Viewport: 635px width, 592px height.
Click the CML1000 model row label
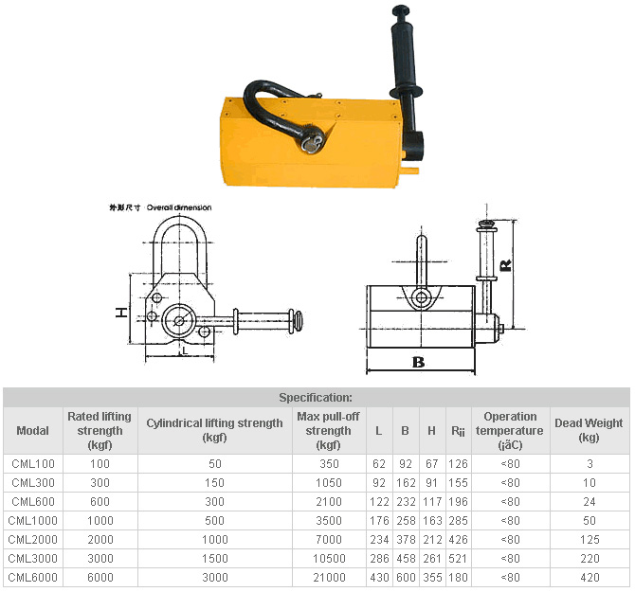coord(33,520)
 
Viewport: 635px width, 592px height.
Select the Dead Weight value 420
coord(590,577)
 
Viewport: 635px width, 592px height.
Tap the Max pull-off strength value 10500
coord(329,559)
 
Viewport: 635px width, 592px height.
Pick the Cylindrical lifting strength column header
coord(214,430)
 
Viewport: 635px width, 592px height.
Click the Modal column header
coord(33,431)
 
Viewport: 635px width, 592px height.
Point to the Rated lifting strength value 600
coord(100,502)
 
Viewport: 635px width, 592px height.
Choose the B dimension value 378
coord(406,539)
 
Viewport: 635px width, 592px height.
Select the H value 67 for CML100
coord(431,464)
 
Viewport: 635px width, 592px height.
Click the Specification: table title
coord(316,398)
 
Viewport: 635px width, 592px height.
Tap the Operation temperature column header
coord(510,431)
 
